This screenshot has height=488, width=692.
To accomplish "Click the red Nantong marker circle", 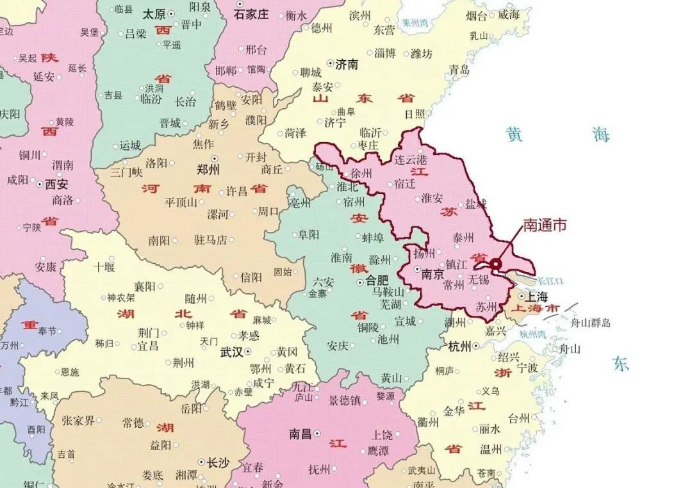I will pos(495,263).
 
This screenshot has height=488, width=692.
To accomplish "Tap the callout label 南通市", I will pos(545,225).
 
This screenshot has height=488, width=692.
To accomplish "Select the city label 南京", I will pos(433,274).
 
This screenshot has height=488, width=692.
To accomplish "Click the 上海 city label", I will pos(536,297).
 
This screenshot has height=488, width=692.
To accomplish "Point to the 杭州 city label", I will pos(459,346).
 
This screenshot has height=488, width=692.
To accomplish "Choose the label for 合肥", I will pos(377,280).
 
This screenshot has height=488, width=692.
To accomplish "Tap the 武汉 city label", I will pos(231,352).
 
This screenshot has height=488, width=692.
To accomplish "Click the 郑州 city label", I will pos(208,170).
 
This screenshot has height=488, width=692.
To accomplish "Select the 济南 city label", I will pos(347,64).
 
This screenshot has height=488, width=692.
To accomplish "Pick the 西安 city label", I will pos(56,184).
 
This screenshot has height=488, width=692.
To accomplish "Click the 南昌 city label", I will pos(300,434).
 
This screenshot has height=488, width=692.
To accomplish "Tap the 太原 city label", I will pos(154,13).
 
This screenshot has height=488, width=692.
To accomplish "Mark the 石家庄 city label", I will pos(251,14).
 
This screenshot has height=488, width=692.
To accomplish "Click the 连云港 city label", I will pos(410,159).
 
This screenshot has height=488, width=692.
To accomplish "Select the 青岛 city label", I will pos(459,70).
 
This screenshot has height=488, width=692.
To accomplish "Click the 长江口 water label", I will pos(550,281).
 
